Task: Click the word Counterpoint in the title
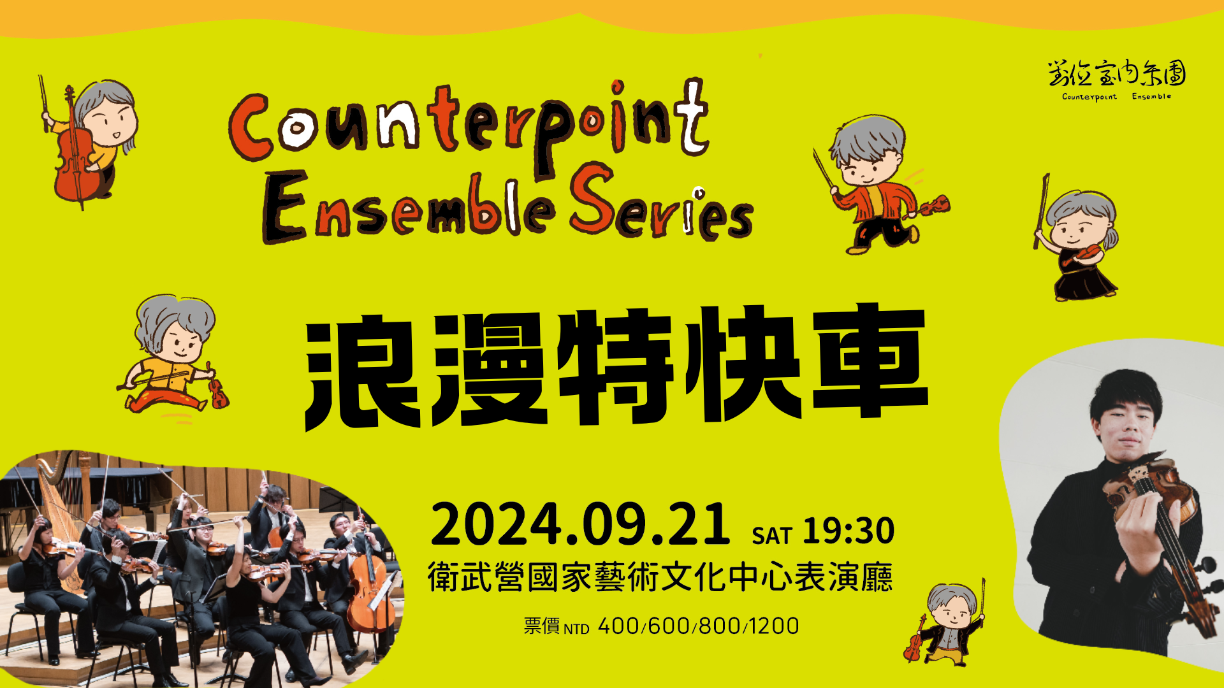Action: pyautogui.click(x=469, y=124)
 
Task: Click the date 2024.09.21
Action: pyautogui.click(x=580, y=524)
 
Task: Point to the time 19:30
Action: pyautogui.click(x=849, y=531)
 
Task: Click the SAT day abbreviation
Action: pyautogui.click(x=771, y=536)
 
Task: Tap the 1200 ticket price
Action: pyautogui.click(x=774, y=626)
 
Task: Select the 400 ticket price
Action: pyautogui.click(x=618, y=626)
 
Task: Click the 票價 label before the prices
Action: pyautogui.click(x=542, y=626)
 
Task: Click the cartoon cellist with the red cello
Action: pyautogui.click(x=87, y=141)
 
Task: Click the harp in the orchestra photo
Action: pyautogui.click(x=61, y=510)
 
